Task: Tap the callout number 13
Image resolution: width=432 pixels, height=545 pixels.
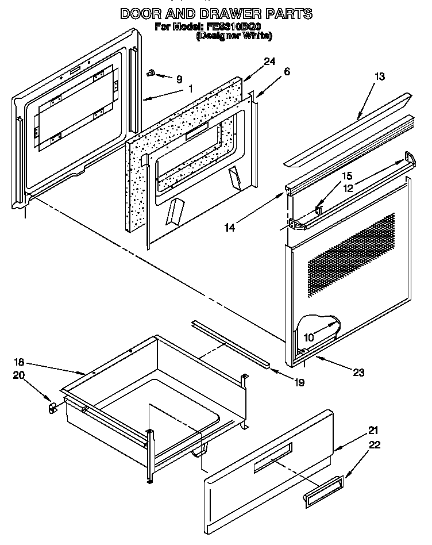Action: pos(379,76)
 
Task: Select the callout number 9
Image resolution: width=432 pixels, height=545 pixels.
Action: pos(179,79)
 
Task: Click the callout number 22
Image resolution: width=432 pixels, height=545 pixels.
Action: pos(375,444)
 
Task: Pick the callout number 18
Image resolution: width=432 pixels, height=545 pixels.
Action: pos(19,363)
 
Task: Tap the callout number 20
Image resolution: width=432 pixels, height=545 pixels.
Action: pos(19,375)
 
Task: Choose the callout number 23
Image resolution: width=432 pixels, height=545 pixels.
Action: pos(358,372)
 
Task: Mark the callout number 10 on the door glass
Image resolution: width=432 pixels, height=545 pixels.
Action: pos(309,337)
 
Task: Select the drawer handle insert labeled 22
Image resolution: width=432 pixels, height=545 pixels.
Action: pos(323,492)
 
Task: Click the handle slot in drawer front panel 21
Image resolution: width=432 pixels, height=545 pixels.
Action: pos(272,458)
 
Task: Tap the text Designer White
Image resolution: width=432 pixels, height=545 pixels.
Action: pos(234,36)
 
